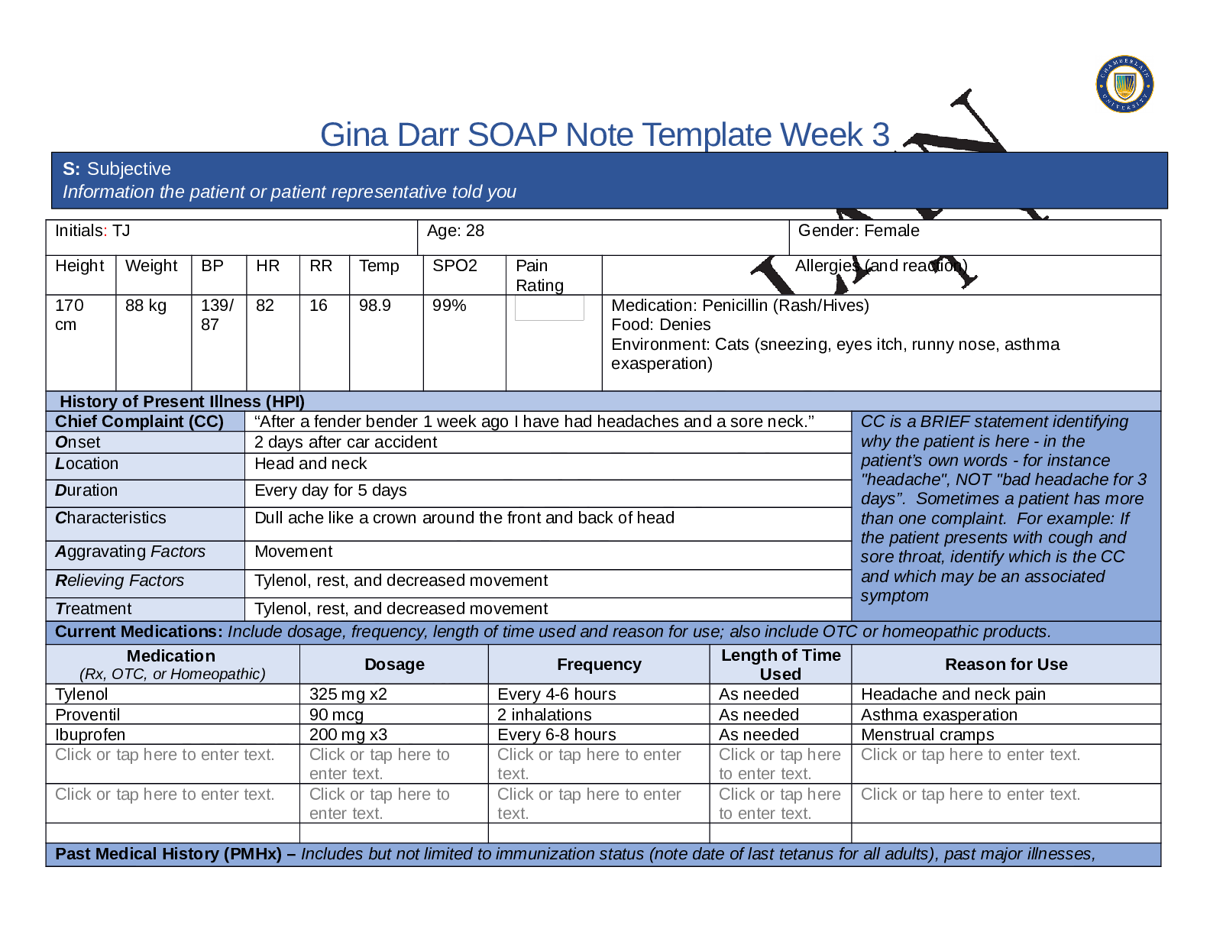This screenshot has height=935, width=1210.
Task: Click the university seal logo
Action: (x=1124, y=84)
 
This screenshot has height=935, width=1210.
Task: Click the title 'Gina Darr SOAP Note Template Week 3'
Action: (x=604, y=135)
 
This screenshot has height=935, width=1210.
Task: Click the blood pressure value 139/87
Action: (x=217, y=315)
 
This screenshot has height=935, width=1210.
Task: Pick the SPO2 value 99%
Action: (x=449, y=306)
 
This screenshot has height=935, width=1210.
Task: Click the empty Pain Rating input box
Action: (x=549, y=308)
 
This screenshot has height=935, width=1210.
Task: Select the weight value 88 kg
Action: (x=145, y=306)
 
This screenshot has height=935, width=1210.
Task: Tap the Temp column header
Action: (x=379, y=266)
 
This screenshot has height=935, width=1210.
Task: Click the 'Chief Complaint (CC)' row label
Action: (x=139, y=422)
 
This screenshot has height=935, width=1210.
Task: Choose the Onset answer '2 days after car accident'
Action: (x=345, y=442)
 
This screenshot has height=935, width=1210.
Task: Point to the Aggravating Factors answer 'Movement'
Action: (x=293, y=552)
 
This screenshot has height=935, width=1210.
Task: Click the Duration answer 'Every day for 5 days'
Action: (x=330, y=490)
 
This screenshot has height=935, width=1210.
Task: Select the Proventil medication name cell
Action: (x=88, y=715)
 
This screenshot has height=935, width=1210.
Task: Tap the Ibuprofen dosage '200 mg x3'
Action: (x=348, y=735)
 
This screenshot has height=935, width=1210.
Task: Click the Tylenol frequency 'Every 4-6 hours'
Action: (x=556, y=694)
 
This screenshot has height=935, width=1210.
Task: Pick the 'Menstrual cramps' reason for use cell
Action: (x=927, y=735)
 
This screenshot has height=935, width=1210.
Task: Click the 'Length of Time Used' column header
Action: (x=780, y=665)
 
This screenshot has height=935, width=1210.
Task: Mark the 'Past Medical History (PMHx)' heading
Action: (x=168, y=854)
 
